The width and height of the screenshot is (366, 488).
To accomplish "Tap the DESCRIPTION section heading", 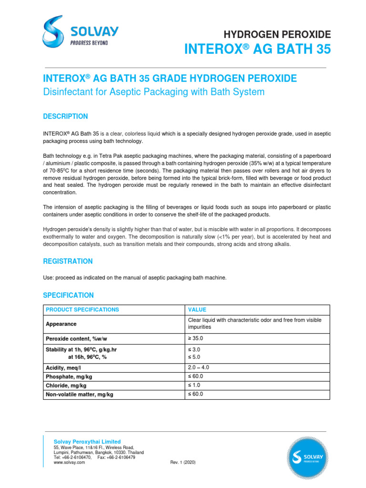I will (x=65, y=116).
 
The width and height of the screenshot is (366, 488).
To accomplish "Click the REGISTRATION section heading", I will (x=68, y=261).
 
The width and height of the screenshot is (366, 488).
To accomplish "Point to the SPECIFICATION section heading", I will (x=68, y=295).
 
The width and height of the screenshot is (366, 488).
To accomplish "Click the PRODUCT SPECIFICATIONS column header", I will (x=82, y=310).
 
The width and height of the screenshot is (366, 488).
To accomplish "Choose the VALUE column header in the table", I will (x=197, y=310).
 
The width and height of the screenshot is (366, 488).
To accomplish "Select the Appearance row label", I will (x=61, y=324).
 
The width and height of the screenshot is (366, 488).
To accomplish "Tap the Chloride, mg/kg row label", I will (x=66, y=385).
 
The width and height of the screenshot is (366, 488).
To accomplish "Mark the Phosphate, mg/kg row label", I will (x=69, y=376).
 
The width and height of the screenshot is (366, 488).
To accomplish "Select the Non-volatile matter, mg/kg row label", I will (x=79, y=395).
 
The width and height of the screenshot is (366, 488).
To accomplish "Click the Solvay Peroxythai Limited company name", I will (x=87, y=442).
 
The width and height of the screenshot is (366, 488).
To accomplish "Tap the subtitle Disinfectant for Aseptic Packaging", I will (x=153, y=92).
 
